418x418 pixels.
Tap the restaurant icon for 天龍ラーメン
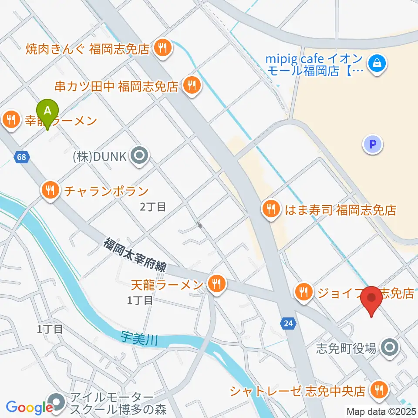tap(216, 284)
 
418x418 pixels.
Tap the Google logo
tap(29, 407)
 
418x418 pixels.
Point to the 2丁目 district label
tap(153, 206)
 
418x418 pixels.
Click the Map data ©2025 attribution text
tap(381, 411)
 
